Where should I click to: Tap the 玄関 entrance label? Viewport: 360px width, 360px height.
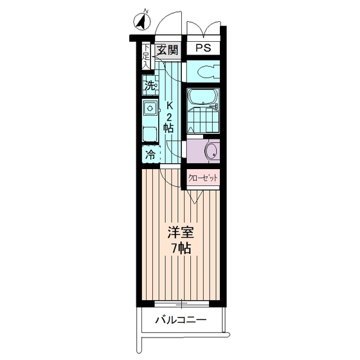point(168,50)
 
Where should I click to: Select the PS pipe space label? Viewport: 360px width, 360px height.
point(203,49)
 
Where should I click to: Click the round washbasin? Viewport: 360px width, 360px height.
point(211,151)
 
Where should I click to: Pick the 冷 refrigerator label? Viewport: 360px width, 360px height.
point(150,154)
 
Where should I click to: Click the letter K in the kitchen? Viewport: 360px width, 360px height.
point(170,106)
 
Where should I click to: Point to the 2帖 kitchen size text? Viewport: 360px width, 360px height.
point(168,122)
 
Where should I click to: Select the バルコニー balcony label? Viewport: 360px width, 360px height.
point(181,319)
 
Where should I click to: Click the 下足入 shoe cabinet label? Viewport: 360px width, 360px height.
point(146,56)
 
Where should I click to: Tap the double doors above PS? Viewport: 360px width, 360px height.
point(203,28)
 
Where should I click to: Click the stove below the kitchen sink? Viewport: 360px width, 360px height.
point(150,134)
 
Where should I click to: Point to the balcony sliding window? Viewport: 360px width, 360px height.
point(181,303)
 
